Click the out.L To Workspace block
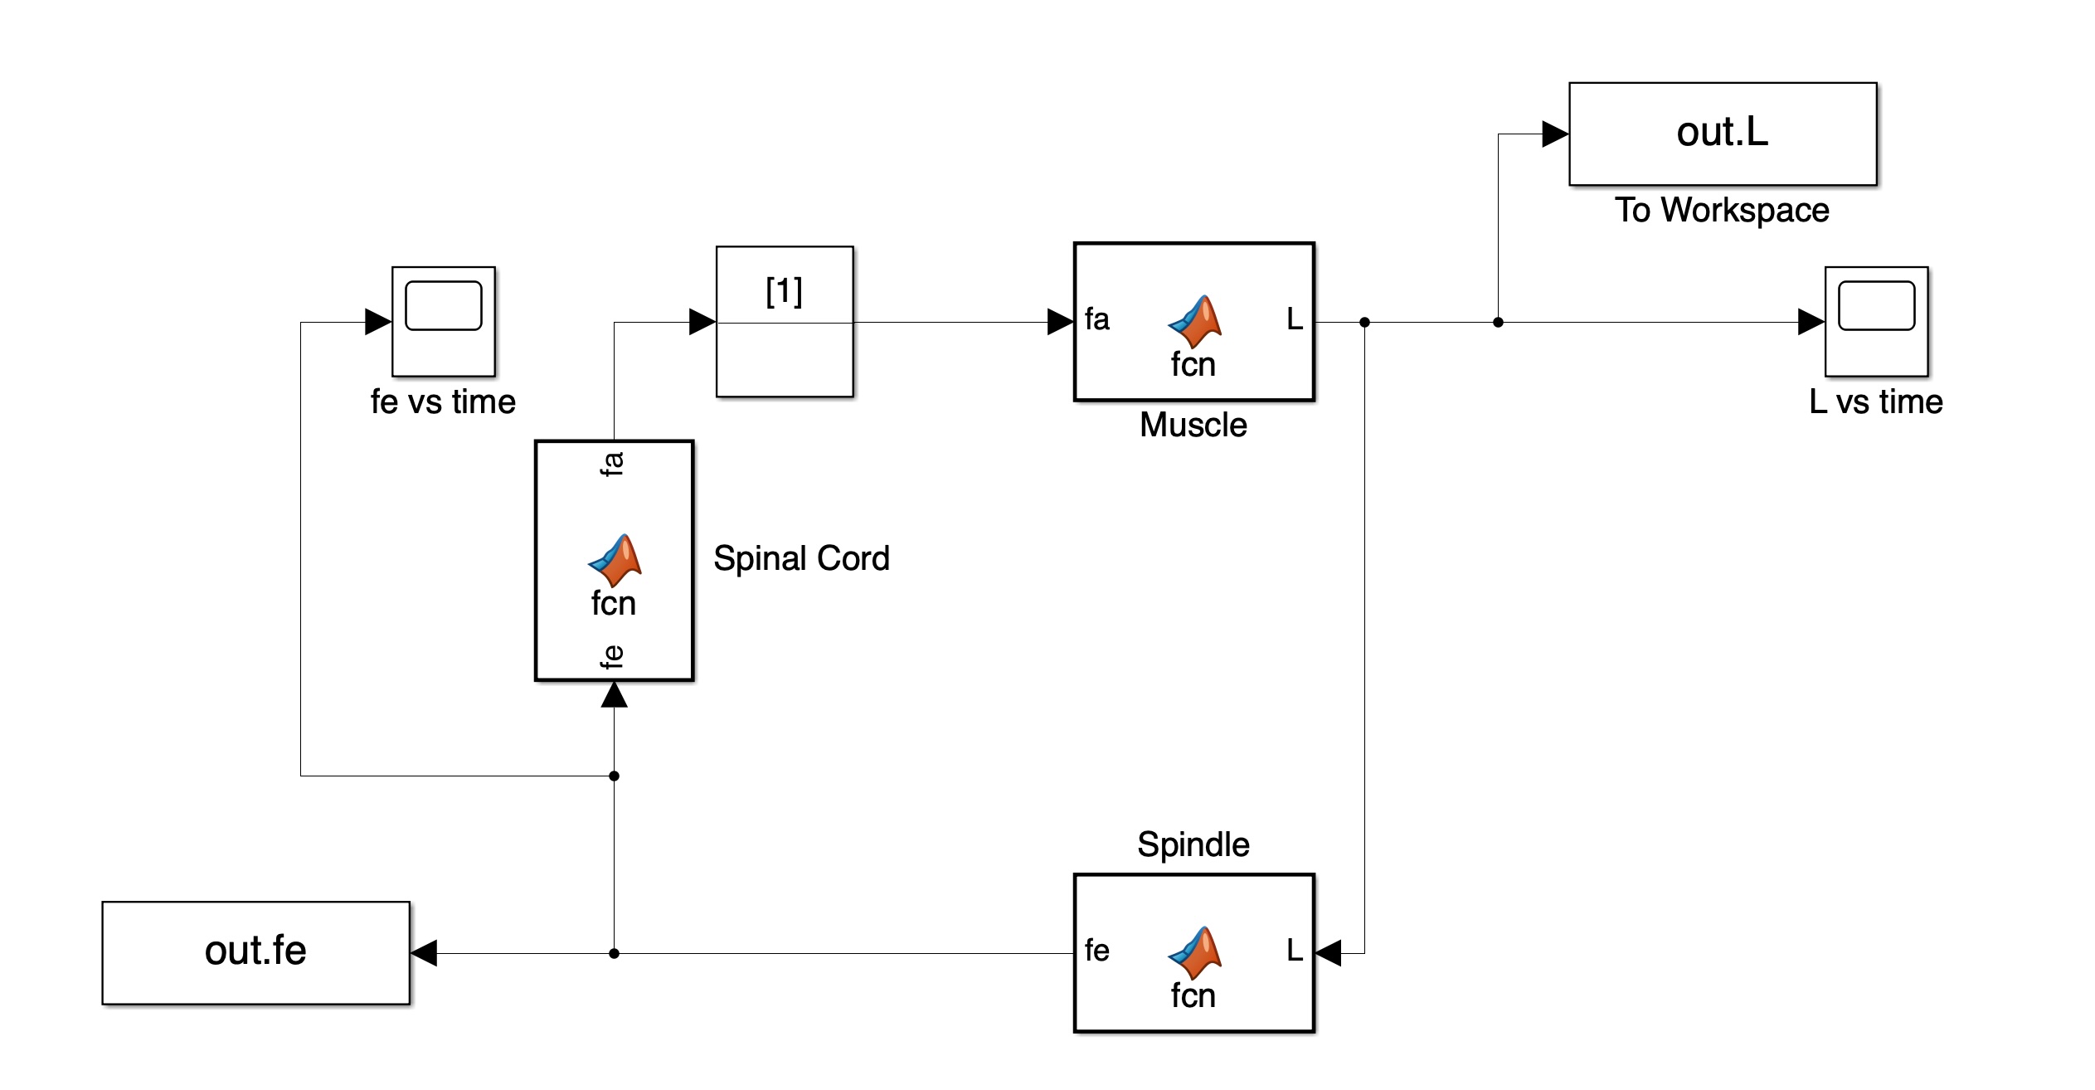coord(1722,134)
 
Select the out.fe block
coord(255,952)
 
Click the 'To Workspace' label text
coord(1722,210)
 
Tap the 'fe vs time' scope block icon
coord(443,321)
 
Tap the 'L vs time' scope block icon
coord(1876,321)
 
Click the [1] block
coord(784,321)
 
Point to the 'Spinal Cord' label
coord(801,558)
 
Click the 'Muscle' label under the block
coord(1193,425)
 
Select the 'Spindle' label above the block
coord(1193,844)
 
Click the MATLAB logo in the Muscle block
coord(1195,322)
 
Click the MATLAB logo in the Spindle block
coord(1195,953)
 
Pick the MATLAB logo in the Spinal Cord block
coord(615,561)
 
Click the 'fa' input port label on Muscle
coord(1096,319)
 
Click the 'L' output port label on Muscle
coord(1294,319)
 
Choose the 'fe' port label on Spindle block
coord(1096,951)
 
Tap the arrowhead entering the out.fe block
coord(424,953)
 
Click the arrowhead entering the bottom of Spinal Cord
coord(614,695)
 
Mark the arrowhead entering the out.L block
coord(1555,134)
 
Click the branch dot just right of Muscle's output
coord(1364,322)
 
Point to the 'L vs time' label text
coord(1876,401)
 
